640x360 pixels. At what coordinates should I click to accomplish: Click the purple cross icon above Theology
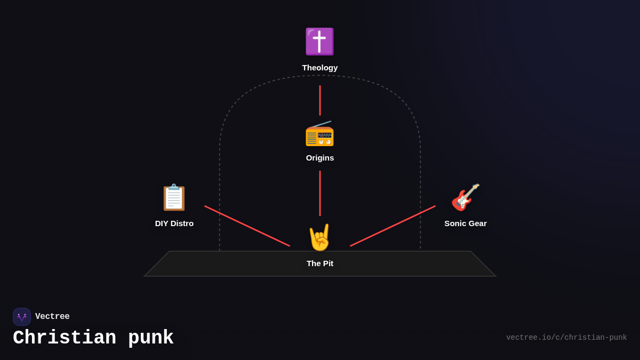click(x=319, y=42)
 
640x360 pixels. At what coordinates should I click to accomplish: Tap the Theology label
click(x=320, y=68)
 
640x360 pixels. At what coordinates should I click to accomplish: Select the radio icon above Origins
click(x=319, y=134)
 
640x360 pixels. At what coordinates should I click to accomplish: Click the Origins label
click(x=320, y=158)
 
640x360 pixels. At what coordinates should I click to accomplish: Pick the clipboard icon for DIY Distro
click(x=174, y=197)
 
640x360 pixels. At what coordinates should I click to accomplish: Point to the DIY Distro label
click(x=174, y=223)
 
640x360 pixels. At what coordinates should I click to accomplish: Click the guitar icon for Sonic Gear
click(x=466, y=197)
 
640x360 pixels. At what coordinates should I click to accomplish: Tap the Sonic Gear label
click(x=466, y=223)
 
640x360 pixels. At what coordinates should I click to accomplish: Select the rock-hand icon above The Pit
click(x=320, y=237)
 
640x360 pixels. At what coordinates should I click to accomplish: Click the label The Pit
click(x=320, y=263)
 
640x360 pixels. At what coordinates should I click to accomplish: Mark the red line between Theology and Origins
click(x=320, y=100)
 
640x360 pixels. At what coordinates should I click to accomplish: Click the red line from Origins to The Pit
click(x=320, y=193)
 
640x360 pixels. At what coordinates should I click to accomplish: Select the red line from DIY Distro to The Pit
click(x=247, y=226)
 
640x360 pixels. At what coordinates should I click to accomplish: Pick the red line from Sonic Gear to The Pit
click(x=393, y=226)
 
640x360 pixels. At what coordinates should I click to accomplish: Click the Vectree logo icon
click(x=22, y=317)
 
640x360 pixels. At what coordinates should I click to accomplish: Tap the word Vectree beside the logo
click(x=52, y=317)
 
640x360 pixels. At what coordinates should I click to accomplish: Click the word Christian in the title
click(x=65, y=338)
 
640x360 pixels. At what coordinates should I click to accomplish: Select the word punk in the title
click(x=151, y=338)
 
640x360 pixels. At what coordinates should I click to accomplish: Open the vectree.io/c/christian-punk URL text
click(x=566, y=338)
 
